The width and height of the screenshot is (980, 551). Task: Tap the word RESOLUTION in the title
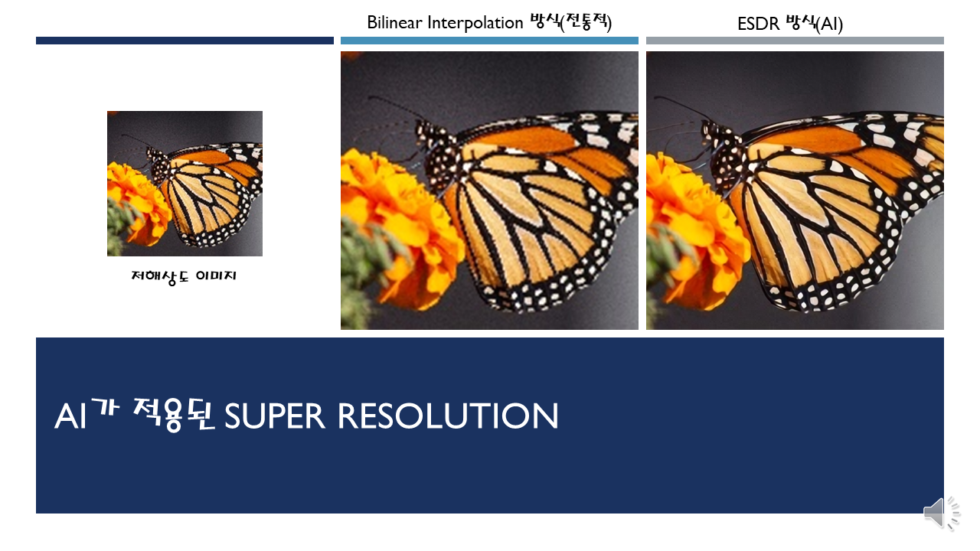(x=448, y=416)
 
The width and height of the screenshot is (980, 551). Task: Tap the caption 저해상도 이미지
(x=184, y=275)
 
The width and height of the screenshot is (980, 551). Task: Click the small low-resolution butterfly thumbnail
(x=185, y=183)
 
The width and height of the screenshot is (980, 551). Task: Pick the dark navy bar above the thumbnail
(x=185, y=41)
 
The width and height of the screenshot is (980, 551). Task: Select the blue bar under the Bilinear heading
(x=489, y=41)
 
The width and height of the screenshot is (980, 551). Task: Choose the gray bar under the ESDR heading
(x=795, y=41)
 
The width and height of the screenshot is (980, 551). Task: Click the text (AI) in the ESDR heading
(x=829, y=24)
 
